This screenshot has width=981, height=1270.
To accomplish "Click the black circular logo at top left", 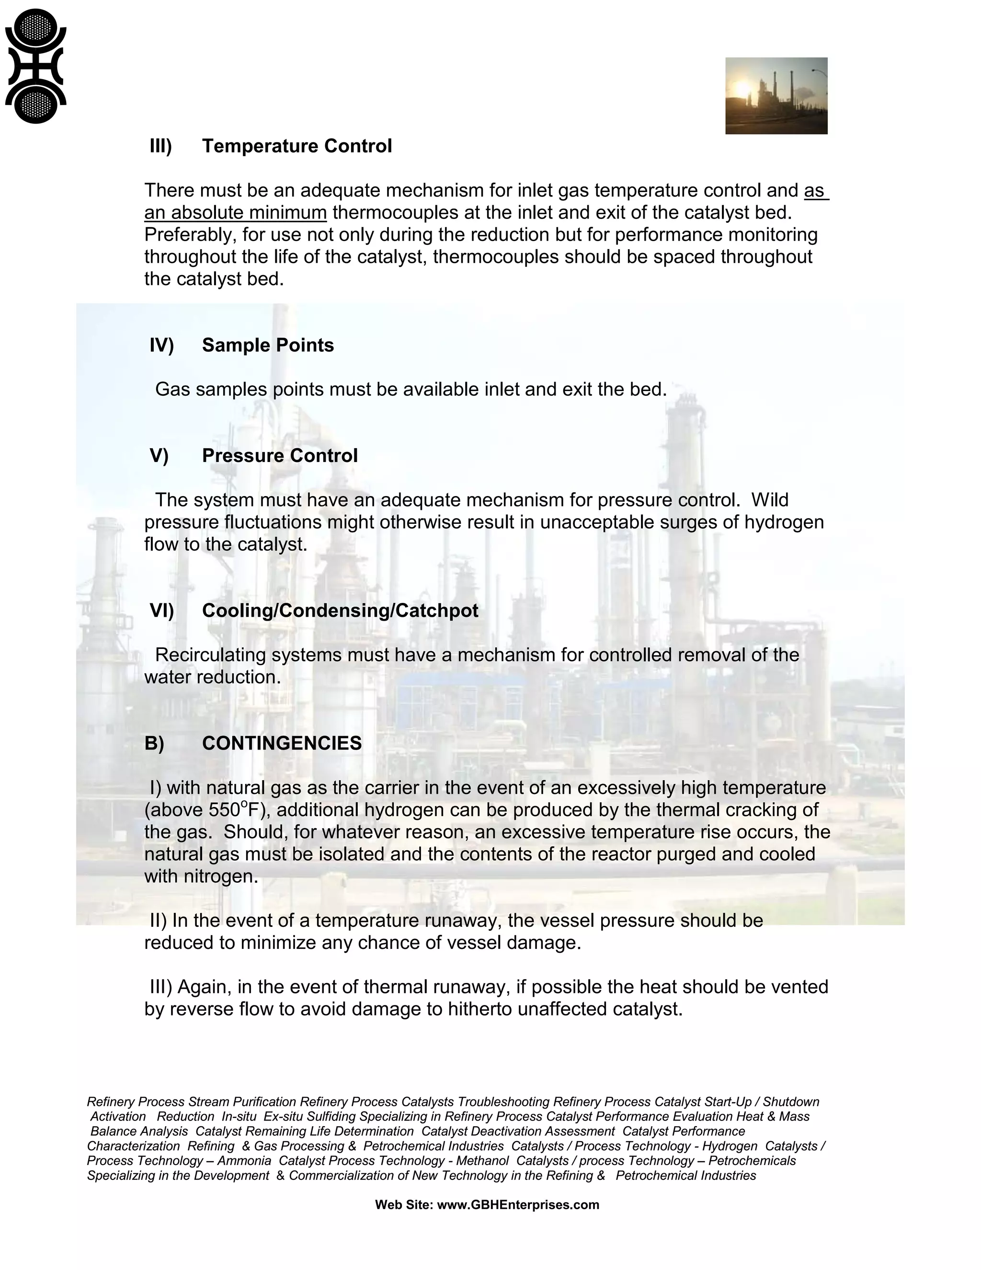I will coord(35,66).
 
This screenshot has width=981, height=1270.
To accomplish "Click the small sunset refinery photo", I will coord(776,96).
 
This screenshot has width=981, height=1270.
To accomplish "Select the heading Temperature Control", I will coord(297,146).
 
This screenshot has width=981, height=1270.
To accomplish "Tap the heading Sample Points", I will coord(267,346).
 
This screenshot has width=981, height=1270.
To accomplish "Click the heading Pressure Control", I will coord(280,456).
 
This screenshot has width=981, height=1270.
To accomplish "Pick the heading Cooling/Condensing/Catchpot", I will coord(340,611).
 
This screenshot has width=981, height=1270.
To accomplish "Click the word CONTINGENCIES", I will coord(282,744).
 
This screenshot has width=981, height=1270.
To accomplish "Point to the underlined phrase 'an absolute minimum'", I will coord(235,213).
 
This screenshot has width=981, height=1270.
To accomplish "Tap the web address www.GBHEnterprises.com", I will coord(518,1205).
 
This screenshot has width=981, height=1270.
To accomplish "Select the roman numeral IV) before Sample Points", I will coord(161,346).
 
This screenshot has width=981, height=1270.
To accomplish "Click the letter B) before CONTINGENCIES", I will coord(154,744).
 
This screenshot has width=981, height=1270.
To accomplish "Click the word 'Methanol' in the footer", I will coord(482,1161).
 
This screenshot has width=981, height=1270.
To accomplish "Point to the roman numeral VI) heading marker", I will coord(161,611).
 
